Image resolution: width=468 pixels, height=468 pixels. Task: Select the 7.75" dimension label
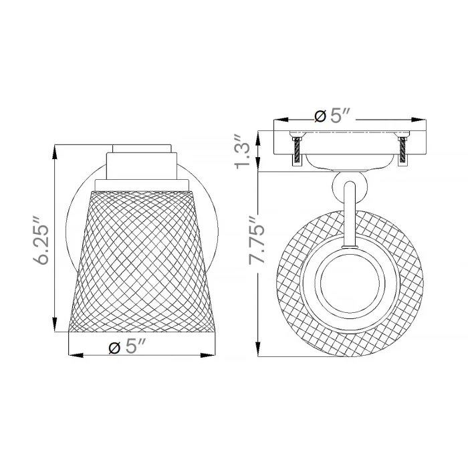(257, 239)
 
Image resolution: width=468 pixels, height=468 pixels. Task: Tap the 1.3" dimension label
(243, 151)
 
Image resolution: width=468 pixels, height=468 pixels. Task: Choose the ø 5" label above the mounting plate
(332, 116)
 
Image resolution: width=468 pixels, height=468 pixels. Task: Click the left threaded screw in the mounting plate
(297, 152)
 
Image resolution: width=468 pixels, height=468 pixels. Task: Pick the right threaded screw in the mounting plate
(403, 151)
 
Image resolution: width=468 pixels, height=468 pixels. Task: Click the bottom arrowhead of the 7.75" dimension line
(258, 348)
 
